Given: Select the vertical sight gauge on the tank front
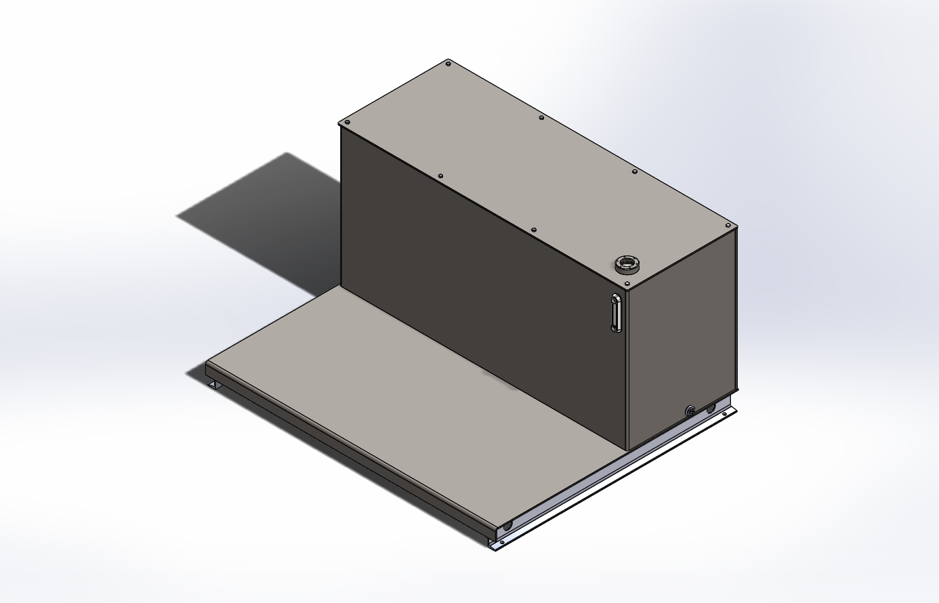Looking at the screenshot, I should tap(615, 313).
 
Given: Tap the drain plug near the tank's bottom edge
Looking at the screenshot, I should tap(690, 411).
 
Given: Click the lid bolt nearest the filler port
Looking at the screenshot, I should tap(635, 172).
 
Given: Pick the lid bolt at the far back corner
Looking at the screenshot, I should tap(448, 64).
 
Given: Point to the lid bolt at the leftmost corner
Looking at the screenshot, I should tap(348, 123).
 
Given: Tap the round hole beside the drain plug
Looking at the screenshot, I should tap(711, 409).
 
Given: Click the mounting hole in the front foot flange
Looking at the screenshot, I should tap(502, 542).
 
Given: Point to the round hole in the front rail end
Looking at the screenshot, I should tap(507, 526).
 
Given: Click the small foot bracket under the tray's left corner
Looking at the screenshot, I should tap(215, 385).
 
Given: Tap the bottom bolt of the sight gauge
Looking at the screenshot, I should tap(614, 329).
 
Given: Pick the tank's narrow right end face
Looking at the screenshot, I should tap(681, 339).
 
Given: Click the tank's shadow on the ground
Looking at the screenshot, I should tap(271, 217).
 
